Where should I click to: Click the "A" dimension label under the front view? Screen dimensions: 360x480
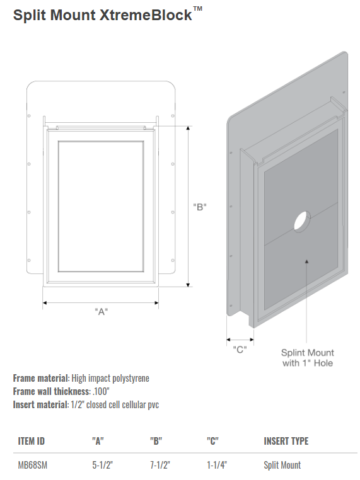102,312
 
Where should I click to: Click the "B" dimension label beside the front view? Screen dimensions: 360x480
200,207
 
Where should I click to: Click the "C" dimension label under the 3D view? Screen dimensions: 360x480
240,349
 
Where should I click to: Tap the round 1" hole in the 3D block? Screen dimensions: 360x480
302,221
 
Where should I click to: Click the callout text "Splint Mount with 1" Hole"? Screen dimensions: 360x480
308,358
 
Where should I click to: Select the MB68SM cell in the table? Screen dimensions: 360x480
33,465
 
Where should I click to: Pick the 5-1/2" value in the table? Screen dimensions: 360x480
103,465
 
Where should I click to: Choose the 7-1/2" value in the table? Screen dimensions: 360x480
160,465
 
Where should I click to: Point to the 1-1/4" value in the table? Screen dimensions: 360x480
217,465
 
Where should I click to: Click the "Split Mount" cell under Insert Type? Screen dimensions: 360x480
282,466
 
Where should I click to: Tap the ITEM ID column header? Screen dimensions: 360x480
32,441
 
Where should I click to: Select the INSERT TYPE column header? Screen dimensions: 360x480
286,441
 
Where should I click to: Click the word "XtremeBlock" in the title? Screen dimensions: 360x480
146,15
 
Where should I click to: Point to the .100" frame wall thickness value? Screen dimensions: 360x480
101,391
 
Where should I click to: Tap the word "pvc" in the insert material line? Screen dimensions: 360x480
153,405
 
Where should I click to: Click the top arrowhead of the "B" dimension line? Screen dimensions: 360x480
189,128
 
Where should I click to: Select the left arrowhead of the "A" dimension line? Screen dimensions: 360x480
45,303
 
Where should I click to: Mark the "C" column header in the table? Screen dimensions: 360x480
212,441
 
